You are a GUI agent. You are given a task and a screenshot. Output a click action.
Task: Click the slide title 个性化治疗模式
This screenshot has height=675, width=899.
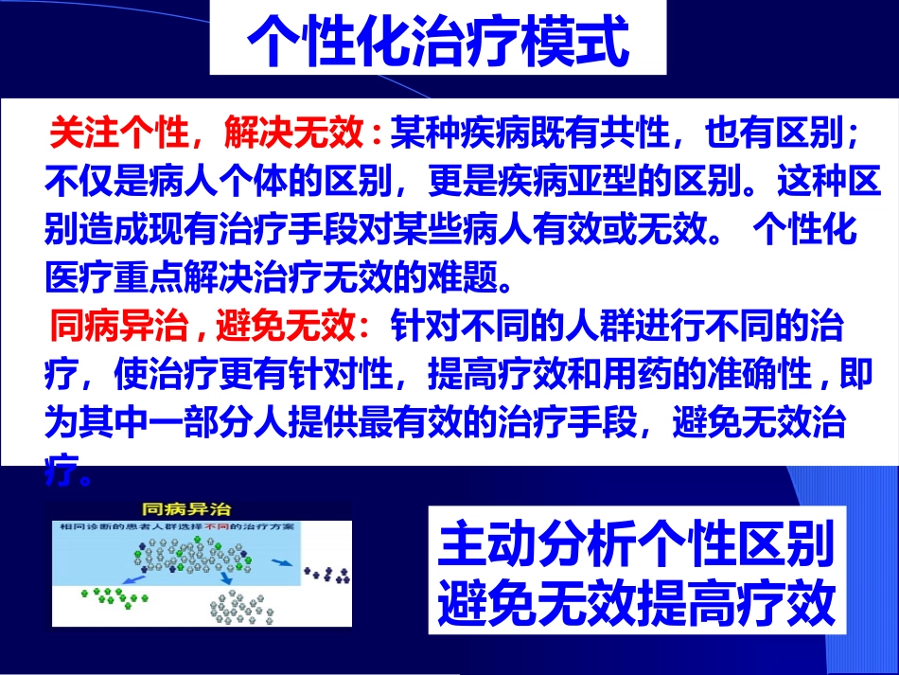[x=437, y=40]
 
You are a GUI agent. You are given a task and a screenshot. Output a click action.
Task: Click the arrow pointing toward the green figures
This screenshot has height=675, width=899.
[x=132, y=579]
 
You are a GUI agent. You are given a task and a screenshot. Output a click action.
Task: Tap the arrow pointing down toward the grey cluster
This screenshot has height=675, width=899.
[x=226, y=577]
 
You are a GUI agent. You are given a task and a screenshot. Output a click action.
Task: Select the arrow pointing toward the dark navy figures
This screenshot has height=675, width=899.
[x=281, y=562]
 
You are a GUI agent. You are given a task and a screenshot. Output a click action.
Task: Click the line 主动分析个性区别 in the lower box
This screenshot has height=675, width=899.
[x=636, y=544]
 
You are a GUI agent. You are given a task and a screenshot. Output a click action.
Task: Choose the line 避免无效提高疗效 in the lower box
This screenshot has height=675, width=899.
[x=636, y=600]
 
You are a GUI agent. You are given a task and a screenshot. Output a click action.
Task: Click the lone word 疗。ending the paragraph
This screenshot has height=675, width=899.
[x=69, y=470]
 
